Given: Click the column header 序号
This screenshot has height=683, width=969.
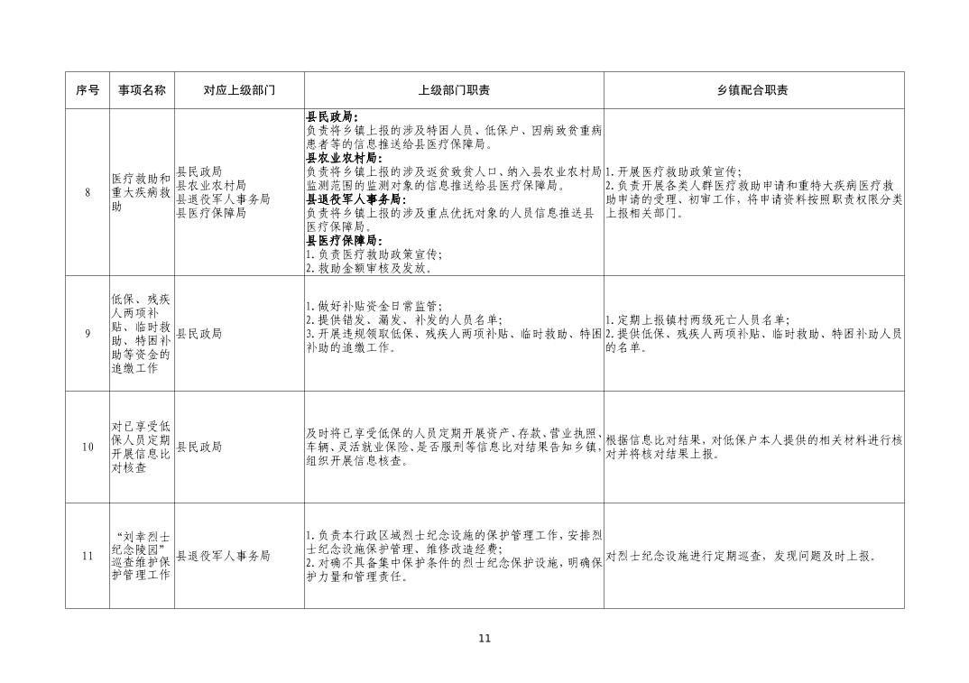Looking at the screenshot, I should click(x=88, y=90).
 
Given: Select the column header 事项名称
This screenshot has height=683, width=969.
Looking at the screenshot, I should click(x=142, y=90).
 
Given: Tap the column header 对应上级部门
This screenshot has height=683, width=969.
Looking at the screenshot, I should click(x=239, y=90).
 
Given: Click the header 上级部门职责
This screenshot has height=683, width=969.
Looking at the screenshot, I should click(x=454, y=90).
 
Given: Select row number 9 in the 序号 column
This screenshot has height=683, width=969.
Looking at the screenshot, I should click(x=88, y=334).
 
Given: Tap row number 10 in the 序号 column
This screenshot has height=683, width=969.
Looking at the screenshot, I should click(x=88, y=447).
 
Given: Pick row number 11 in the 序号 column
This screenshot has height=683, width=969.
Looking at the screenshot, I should click(x=88, y=556).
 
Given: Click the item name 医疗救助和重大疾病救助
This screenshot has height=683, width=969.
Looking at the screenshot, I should click(x=141, y=192).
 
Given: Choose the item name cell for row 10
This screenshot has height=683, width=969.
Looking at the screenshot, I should click(x=141, y=447).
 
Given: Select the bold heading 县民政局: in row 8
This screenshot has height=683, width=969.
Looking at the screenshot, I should click(x=332, y=116).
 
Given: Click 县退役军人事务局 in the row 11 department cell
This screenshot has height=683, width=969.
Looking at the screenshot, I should click(x=223, y=556).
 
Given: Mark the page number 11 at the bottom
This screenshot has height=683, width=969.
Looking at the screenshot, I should click(x=484, y=639).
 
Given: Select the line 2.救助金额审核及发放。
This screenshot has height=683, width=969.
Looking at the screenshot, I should click(x=369, y=268).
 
